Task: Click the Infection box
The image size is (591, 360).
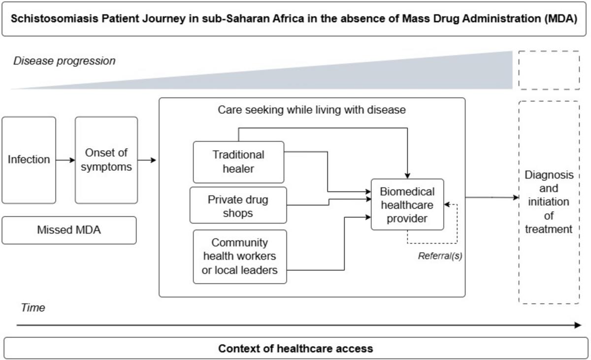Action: (29, 160)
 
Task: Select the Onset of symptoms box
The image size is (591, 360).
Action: (106, 160)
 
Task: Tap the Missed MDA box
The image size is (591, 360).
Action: (69, 230)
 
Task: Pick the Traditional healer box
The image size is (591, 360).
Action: (238, 162)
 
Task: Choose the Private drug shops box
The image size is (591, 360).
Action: (238, 206)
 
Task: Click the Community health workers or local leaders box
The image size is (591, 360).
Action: (240, 256)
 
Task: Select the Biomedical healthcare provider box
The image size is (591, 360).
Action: (407, 204)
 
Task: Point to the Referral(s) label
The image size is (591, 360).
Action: (440, 256)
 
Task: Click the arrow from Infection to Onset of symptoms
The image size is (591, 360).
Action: (66, 160)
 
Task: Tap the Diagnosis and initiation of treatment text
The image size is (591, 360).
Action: (549, 202)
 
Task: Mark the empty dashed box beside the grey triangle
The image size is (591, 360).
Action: (549, 70)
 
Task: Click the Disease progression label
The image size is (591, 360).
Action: (64, 61)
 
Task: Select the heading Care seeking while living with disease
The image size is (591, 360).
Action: (312, 110)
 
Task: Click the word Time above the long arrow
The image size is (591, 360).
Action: (33, 308)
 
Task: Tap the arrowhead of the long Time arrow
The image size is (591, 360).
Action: (578, 325)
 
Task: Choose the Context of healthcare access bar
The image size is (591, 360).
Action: (295, 349)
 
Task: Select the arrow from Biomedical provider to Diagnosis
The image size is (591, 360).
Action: (492, 197)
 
